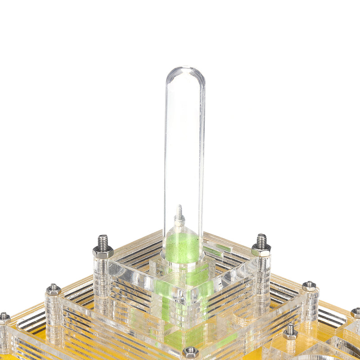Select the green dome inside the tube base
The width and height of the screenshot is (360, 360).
[x=182, y=247]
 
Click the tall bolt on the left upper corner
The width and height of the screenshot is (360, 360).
[x=103, y=243]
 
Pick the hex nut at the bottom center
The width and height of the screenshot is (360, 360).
[x=190, y=351]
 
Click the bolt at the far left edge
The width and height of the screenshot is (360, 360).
[x=4, y=318]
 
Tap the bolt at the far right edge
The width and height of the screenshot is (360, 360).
[x=356, y=312]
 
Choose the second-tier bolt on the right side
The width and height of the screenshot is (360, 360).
[x=309, y=285]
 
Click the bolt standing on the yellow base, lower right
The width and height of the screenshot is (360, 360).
[x=290, y=331]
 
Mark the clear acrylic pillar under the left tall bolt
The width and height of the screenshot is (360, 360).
[x=102, y=279]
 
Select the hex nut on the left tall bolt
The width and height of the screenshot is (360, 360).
[x=103, y=252]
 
